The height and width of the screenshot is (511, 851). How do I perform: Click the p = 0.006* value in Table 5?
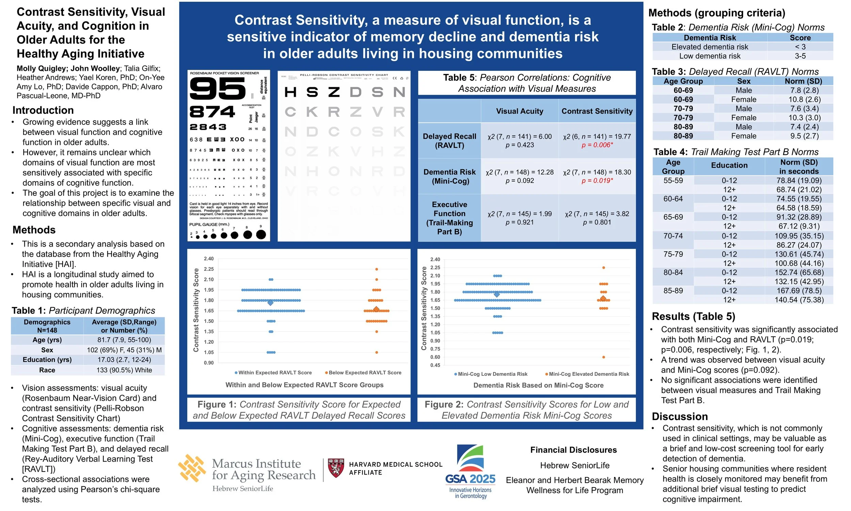(597, 145)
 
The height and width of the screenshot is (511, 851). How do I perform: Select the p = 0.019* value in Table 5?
(597, 181)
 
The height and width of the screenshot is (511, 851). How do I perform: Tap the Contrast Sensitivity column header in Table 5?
(597, 111)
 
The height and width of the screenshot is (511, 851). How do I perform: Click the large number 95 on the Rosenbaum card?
(218, 89)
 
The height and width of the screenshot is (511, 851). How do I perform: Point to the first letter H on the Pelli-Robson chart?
(291, 92)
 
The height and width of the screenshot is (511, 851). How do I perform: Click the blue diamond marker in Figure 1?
(270, 303)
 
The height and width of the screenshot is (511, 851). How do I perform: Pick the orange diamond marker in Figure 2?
(603, 298)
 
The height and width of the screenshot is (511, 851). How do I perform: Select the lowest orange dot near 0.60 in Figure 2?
(604, 357)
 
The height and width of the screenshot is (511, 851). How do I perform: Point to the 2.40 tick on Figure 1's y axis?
(209, 259)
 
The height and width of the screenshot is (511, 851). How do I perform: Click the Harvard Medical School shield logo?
(336, 468)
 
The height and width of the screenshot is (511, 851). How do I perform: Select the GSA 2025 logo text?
(470, 479)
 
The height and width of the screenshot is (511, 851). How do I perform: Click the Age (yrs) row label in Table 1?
(47, 340)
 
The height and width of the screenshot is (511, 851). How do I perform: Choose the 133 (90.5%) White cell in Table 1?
(124, 370)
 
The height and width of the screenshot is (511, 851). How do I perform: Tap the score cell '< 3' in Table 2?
(800, 47)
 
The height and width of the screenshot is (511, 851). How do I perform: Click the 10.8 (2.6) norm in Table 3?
(804, 99)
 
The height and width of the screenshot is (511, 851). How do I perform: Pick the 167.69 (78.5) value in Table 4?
(799, 291)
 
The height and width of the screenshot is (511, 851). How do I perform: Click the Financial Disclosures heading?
(574, 450)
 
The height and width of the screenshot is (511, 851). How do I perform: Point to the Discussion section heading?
(679, 417)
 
